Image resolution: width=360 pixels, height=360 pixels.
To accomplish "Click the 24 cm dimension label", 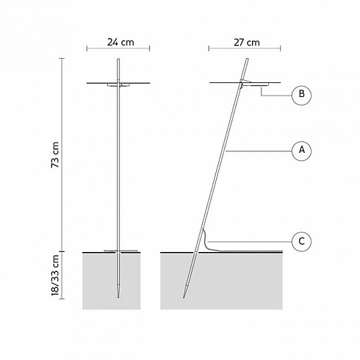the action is point(120,43).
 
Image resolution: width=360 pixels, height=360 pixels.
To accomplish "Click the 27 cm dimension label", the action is point(247,43).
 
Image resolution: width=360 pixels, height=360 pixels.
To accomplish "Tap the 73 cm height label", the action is point(55,155).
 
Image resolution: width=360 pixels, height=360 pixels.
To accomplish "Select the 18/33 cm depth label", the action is point(55,275).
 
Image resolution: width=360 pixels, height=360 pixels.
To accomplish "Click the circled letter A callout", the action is point(301,150).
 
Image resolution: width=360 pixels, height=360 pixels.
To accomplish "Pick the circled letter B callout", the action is point(301,95).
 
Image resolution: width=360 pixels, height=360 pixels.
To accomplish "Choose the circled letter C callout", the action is point(301,242).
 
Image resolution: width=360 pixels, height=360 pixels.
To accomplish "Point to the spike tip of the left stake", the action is point(118,298).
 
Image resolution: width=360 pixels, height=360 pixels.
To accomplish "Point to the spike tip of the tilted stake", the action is point(184,298).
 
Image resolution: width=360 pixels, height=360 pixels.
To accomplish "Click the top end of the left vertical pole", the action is point(118,59).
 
